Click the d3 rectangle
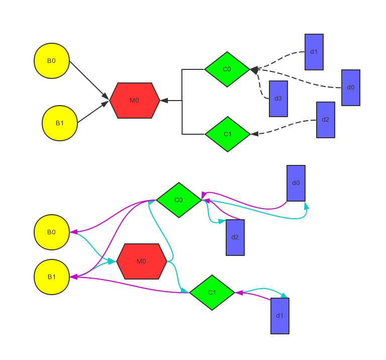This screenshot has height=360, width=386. (x=278, y=99)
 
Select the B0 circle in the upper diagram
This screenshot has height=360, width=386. (x=52, y=61)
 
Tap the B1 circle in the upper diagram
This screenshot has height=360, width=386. (x=60, y=123)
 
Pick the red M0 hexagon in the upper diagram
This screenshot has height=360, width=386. (x=135, y=101)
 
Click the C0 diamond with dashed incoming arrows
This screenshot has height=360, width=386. (x=227, y=69)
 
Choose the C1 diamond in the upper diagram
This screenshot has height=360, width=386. (x=228, y=134)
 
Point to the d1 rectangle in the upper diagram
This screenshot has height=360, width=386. (x=314, y=52)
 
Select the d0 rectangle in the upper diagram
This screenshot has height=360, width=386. (x=351, y=87)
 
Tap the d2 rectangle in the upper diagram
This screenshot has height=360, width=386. (x=326, y=120)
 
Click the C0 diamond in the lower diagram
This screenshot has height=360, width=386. (x=179, y=200)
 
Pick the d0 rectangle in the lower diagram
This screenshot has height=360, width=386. (x=296, y=183)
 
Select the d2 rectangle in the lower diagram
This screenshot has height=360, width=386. (x=235, y=237)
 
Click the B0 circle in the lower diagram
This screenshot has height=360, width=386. (x=52, y=232)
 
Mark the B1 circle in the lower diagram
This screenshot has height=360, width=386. (x=52, y=277)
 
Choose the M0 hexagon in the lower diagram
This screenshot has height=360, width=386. (x=142, y=261)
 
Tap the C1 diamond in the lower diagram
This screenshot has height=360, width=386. (x=212, y=293)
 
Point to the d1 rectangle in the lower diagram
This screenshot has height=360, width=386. (x=280, y=316)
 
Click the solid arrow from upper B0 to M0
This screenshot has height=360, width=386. (x=88, y=79)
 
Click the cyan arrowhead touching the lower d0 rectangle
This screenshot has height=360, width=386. (x=307, y=205)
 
